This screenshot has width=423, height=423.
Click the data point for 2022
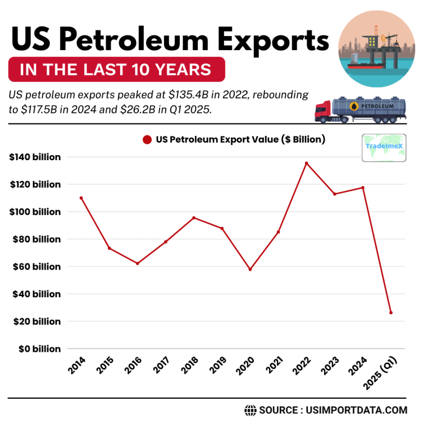click(306, 163)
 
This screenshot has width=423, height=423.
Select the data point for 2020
click(250, 269)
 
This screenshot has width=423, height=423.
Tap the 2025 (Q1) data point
click(391, 312)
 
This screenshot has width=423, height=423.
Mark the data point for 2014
click(81, 198)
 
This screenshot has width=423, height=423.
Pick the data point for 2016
click(138, 263)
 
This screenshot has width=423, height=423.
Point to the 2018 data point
click(194, 218)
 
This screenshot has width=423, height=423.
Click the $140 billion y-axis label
click(35, 157)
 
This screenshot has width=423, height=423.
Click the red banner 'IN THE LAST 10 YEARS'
click(116, 70)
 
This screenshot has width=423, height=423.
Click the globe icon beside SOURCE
click(250, 410)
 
